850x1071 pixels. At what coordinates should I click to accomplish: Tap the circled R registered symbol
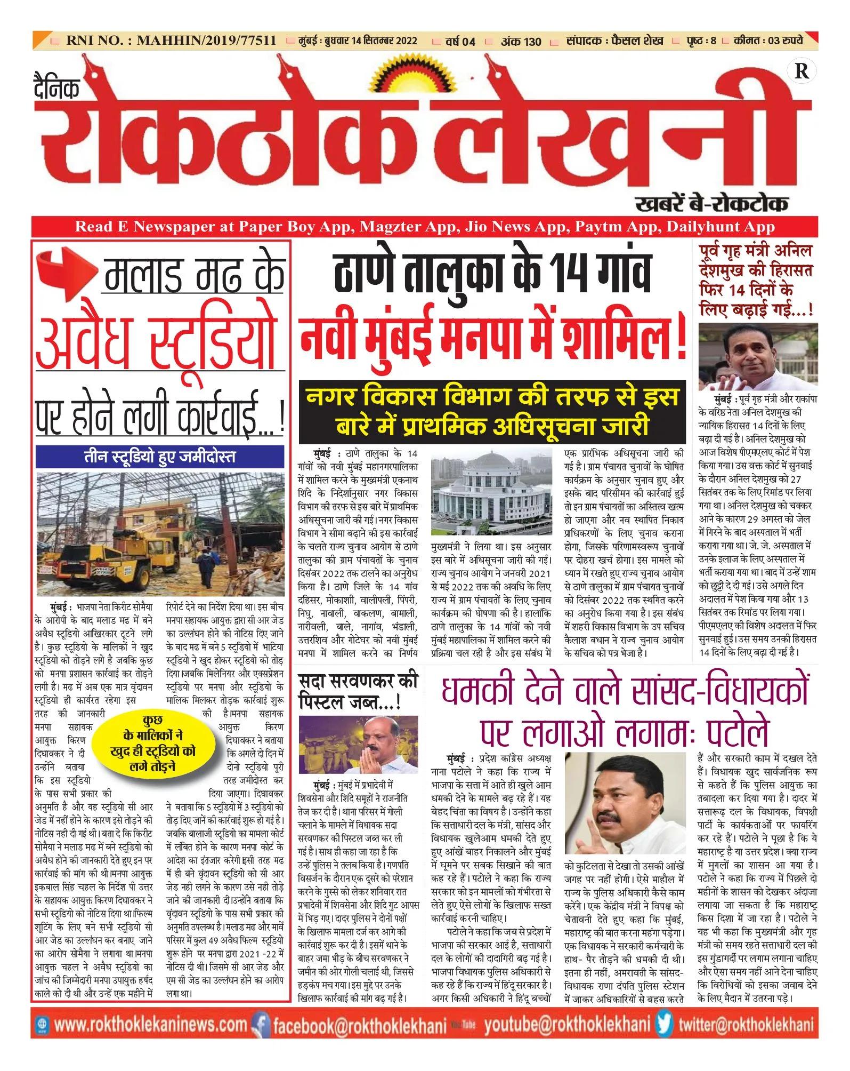pos(801,71)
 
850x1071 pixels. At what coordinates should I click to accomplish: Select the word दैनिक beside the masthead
pos(56,87)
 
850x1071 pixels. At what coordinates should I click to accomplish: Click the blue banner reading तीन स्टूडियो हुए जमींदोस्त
pos(160,457)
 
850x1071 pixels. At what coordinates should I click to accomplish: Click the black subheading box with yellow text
pos(492,411)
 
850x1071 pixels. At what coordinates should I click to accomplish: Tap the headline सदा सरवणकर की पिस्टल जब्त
pos(358,691)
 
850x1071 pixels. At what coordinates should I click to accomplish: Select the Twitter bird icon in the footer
pos(665,1024)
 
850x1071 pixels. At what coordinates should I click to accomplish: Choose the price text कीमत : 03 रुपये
pos(768,41)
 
